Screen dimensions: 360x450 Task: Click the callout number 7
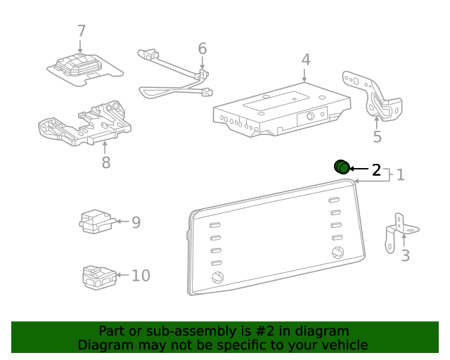point(81,31)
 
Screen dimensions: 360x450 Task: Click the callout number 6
point(202,49)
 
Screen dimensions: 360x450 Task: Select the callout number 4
point(306,59)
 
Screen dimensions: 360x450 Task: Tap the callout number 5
point(377,136)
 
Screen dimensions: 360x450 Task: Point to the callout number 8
point(105,162)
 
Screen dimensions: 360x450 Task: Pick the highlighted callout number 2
point(376,169)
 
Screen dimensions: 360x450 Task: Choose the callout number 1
point(400,174)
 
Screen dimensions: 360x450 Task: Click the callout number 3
point(405,255)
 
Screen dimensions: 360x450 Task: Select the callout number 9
point(136,222)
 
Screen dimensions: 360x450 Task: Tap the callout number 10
point(141,275)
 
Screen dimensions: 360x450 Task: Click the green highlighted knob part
point(341,167)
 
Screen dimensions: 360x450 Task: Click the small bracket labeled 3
point(399,231)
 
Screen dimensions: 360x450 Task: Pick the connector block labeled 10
point(97,276)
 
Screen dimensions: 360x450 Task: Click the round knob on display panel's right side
point(337,253)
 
